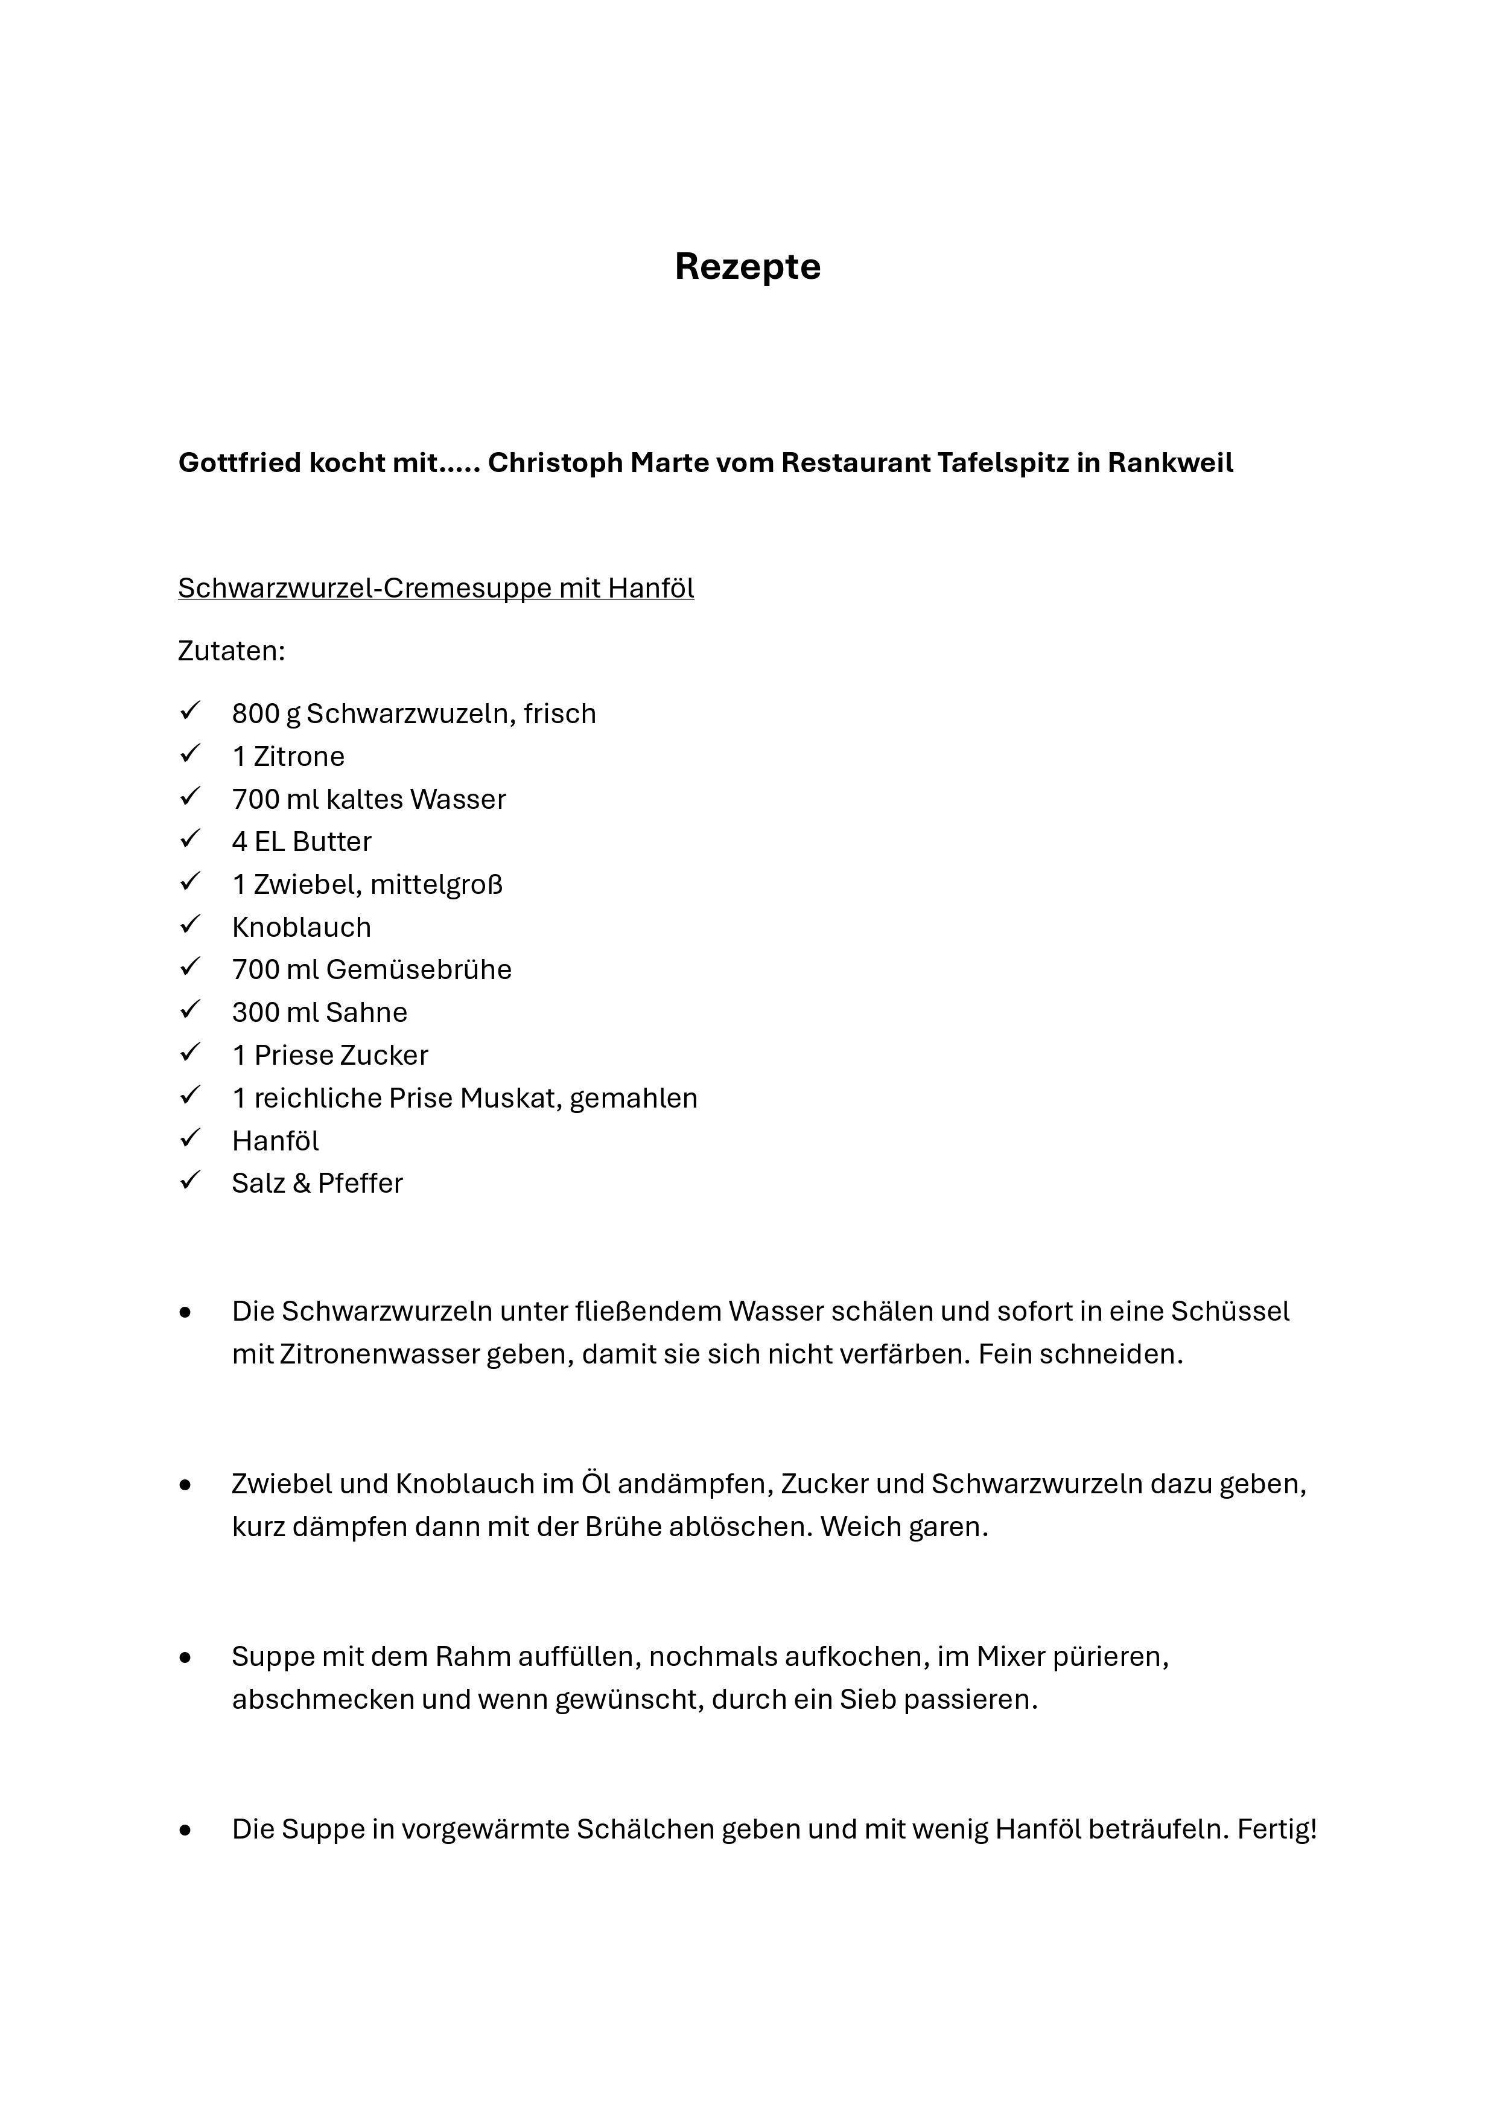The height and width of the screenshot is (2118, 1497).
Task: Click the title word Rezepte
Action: click(x=747, y=267)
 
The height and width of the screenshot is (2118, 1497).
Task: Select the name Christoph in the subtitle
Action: click(x=555, y=462)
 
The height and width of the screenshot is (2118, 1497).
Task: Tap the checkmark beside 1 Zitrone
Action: click(x=190, y=754)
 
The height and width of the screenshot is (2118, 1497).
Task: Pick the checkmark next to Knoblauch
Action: click(x=190, y=925)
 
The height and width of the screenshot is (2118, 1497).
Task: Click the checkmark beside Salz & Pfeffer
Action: click(x=190, y=1182)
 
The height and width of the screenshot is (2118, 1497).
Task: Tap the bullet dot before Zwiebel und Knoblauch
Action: click(x=186, y=1485)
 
